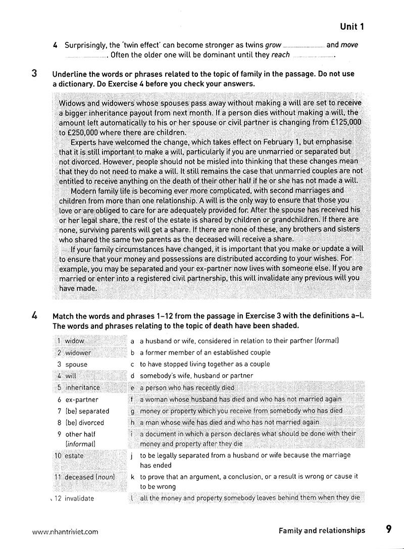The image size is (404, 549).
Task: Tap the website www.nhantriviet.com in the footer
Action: coord(65,531)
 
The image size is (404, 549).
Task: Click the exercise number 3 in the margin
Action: coord(34,74)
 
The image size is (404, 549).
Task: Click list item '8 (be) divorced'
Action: coord(80,423)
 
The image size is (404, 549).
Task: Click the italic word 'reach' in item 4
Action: coord(281,55)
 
